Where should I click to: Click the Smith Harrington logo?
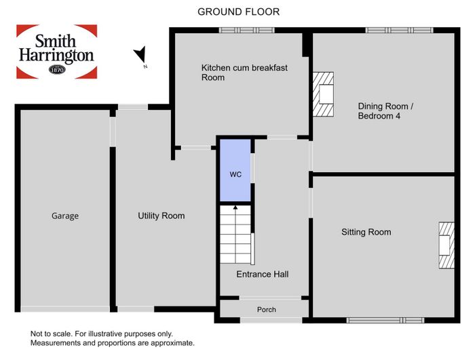(x=56, y=52)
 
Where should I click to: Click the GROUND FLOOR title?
(x=238, y=12)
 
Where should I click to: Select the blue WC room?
(x=235, y=170)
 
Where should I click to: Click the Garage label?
(x=65, y=216)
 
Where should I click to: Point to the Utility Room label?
(x=161, y=216)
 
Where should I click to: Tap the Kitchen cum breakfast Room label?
(x=244, y=73)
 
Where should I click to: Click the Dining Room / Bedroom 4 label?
(x=385, y=111)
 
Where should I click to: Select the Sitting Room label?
(x=366, y=233)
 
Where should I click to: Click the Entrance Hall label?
(x=263, y=275)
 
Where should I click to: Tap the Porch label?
(x=267, y=309)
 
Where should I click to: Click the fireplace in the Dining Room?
(x=323, y=94)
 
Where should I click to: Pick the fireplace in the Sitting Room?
(x=446, y=245)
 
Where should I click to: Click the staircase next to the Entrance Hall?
(x=235, y=235)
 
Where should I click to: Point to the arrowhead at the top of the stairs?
(x=235, y=207)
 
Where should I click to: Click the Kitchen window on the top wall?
(x=246, y=31)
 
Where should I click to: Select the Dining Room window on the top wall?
(x=399, y=31)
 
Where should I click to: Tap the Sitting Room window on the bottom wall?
(x=385, y=320)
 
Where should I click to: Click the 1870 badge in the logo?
(x=57, y=70)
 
